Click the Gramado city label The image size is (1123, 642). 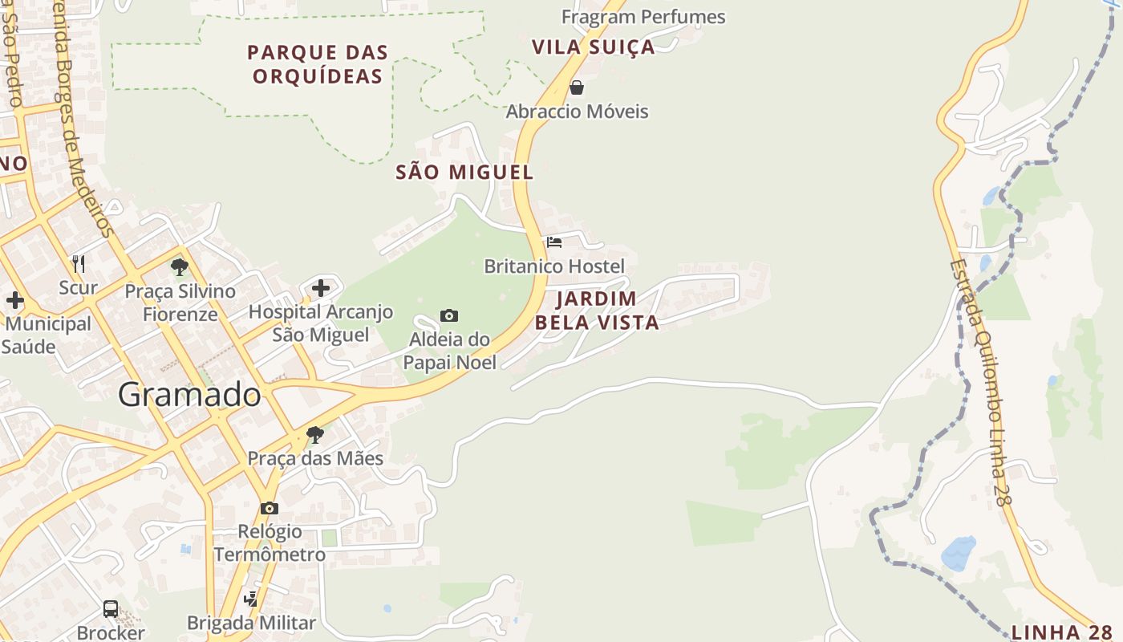tap(189, 395)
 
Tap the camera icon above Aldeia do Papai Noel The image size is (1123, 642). tap(449, 315)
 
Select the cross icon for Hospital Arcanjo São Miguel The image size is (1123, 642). tap(321, 287)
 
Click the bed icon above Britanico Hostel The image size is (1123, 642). tap(554, 242)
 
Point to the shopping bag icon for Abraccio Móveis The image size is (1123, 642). tap(576, 87)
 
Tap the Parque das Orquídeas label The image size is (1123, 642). tap(318, 64)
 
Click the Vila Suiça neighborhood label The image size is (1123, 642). tap(594, 47)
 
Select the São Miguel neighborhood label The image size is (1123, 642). tap(464, 172)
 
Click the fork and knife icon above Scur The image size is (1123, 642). tap(79, 263)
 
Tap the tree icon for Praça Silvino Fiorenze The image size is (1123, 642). tap(180, 266)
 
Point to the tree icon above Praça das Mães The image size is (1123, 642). tap(315, 435)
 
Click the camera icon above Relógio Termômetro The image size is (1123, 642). tap(270, 508)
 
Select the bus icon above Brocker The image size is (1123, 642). tap(111, 609)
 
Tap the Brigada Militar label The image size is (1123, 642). tap(251, 623)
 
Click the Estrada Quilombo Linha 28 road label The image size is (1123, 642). tap(977, 381)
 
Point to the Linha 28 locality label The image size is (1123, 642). tap(1061, 632)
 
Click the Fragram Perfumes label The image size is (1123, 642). tap(643, 17)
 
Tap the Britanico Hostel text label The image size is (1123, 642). tap(554, 266)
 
